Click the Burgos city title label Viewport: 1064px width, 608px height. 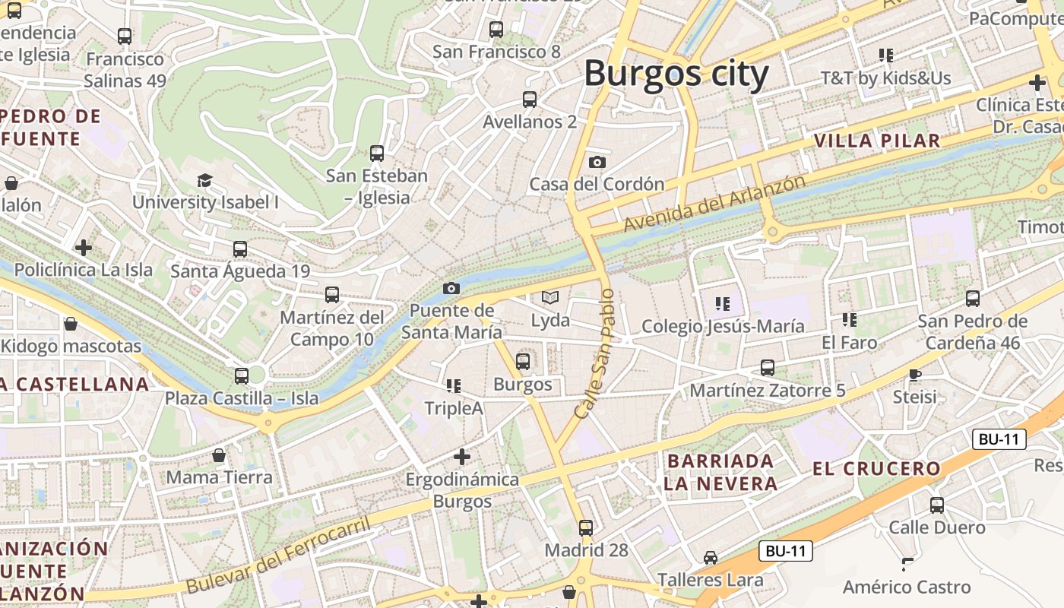(676, 74)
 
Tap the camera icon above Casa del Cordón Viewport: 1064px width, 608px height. (597, 162)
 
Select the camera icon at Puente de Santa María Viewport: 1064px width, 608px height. (451, 288)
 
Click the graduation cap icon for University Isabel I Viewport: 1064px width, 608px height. (204, 180)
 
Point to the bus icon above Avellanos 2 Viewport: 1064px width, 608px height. (530, 99)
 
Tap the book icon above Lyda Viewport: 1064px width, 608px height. (550, 297)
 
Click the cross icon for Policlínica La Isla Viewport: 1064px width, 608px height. (84, 247)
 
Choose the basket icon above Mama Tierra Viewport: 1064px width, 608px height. (219, 455)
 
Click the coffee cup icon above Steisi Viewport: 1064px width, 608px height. (915, 374)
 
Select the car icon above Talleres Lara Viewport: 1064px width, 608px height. (710, 557)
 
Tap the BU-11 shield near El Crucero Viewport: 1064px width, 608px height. (999, 439)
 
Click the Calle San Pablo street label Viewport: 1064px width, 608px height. (594, 353)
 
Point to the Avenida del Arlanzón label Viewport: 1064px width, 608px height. (714, 204)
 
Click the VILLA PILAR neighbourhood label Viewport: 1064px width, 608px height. (877, 141)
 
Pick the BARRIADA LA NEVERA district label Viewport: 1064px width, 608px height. (720, 472)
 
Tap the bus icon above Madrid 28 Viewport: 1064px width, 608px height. (586, 527)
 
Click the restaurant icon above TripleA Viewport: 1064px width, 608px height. (454, 385)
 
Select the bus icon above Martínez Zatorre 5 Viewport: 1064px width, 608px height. (768, 368)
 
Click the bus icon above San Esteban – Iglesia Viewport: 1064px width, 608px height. (377, 153)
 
